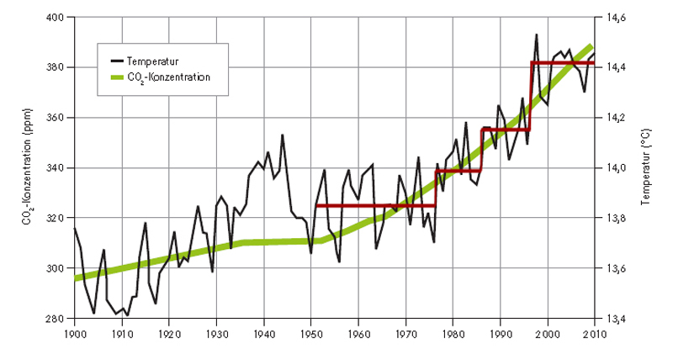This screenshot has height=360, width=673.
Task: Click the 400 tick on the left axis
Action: point(61,17)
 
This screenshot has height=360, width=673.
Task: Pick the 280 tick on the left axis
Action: point(61,319)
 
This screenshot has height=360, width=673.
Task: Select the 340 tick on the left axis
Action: point(61,168)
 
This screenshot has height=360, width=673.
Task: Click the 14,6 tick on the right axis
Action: point(613,17)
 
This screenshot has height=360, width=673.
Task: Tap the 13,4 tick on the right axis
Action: point(613,319)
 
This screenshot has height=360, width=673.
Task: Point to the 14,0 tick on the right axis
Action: point(613,168)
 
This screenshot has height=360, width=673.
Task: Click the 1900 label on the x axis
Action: point(75,332)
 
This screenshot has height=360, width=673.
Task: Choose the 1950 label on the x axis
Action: point(311,332)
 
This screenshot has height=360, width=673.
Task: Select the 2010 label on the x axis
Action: point(595,332)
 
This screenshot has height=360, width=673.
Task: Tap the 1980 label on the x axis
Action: point(453,332)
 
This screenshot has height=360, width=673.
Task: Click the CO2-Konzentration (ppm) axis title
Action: point(27,168)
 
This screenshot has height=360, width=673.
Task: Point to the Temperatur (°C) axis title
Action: point(648,168)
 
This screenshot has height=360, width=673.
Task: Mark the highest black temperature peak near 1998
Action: point(537,34)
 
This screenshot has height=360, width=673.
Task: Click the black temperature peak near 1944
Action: point(283,135)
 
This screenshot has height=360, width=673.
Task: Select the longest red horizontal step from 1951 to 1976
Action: point(374,205)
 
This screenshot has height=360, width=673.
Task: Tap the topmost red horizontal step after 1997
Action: point(563,63)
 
